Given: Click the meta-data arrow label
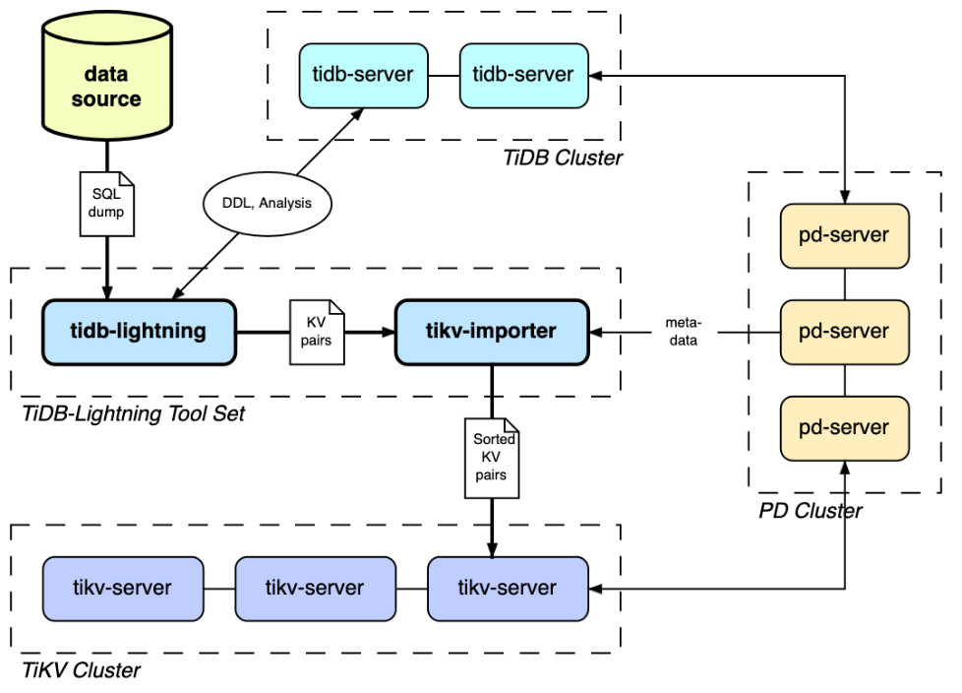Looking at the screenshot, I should pos(681,333).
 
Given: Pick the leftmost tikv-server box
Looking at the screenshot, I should pos(123,589).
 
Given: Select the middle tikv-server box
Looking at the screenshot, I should pos(315,589).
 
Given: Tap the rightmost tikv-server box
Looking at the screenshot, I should pos(508,589).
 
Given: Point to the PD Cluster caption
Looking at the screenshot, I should pos(812,511).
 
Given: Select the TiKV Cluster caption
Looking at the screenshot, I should pos(81,671).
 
